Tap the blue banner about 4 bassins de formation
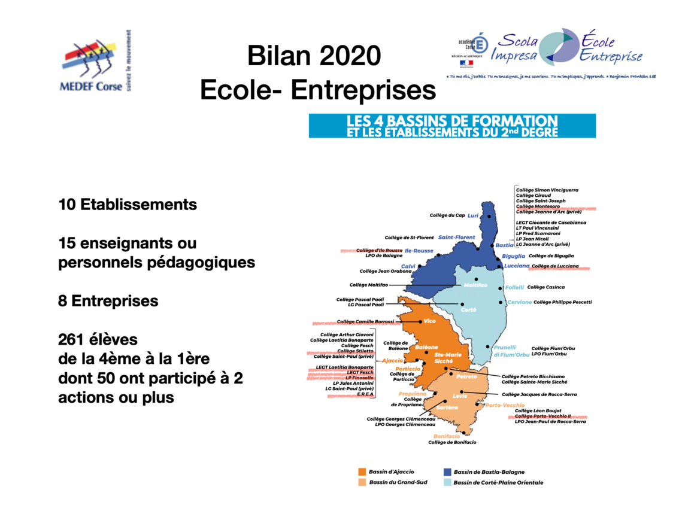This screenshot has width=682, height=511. [452, 126]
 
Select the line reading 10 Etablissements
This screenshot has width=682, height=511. [128, 205]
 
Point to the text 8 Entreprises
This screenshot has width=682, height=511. [108, 301]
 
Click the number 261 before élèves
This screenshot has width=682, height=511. [71, 340]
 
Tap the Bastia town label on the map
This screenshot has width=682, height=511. [505, 245]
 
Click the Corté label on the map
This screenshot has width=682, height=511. [469, 309]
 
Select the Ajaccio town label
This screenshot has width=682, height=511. [393, 360]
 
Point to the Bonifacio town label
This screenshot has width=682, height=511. [447, 436]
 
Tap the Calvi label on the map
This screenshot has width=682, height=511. [408, 266]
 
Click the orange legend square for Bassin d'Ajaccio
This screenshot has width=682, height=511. [362, 472]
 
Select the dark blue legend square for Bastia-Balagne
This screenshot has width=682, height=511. [447, 472]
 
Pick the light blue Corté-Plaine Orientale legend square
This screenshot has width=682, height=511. [447, 482]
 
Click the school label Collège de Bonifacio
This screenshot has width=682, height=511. [452, 442]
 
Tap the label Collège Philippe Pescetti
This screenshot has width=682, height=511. [562, 302]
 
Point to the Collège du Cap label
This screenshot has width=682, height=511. [447, 215]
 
